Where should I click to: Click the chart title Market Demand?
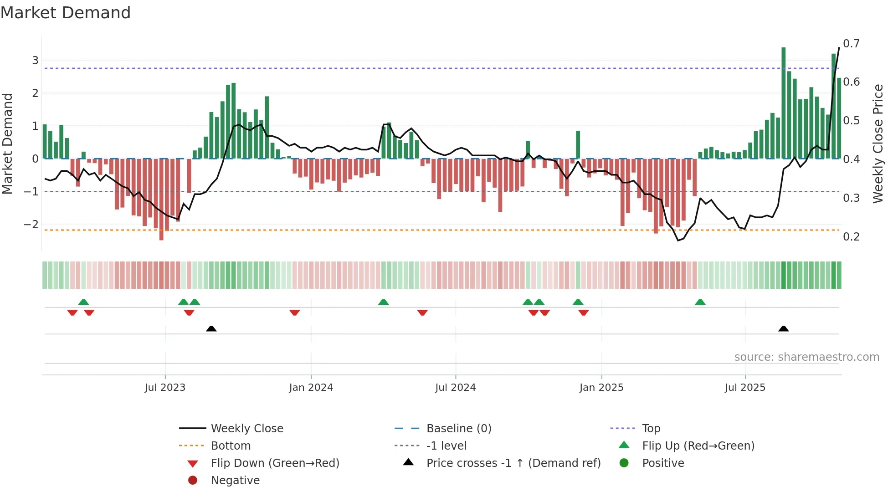pos(66,13)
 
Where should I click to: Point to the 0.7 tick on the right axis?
pos(851,44)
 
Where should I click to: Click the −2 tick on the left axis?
pos(31,225)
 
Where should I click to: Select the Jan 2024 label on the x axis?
pos(311,388)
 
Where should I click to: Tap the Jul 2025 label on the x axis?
pos(745,388)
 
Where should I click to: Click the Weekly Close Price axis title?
pos(878,143)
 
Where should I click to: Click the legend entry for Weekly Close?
pos(246,429)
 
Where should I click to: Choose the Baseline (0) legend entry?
pos(458,429)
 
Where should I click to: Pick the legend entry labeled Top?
pos(651,429)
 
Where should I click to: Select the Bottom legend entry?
pos(231,446)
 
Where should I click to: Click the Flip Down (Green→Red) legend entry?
pos(275,463)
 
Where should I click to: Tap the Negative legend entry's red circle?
pos(193,481)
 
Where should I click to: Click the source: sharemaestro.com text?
pos(806,357)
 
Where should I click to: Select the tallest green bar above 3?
pos(783,102)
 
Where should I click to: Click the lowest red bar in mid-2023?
pos(161,199)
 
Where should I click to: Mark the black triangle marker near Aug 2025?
pos(783,329)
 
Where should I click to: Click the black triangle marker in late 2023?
pos(211,329)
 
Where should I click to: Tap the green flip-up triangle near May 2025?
pos(700,302)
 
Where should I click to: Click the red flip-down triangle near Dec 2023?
pos(294,312)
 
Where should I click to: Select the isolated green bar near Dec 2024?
pos(578,145)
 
